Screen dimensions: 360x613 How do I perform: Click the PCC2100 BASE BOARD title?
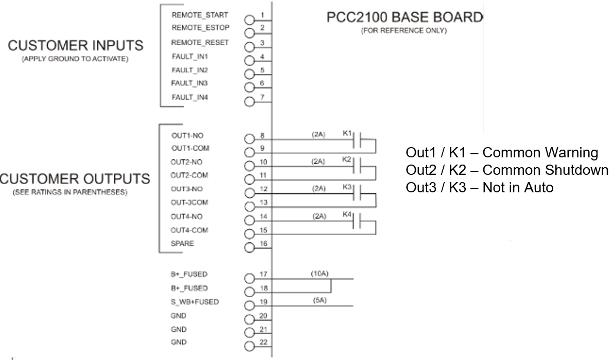[406, 17]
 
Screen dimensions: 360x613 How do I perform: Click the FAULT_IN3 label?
[186, 83]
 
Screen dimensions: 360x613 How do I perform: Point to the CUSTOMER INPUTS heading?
[75, 46]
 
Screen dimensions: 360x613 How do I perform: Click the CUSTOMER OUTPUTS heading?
[75, 179]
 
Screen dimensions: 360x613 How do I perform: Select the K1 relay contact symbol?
[360, 140]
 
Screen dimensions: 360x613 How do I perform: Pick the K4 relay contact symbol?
[360, 222]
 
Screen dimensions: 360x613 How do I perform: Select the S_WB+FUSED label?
[195, 302]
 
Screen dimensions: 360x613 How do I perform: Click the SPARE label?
[183, 244]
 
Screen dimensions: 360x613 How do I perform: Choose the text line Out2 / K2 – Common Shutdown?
[507, 170]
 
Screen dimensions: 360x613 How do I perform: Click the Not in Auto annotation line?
[480, 188]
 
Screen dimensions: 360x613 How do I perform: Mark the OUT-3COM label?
[189, 203]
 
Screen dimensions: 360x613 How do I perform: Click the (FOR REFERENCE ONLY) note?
[404, 31]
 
